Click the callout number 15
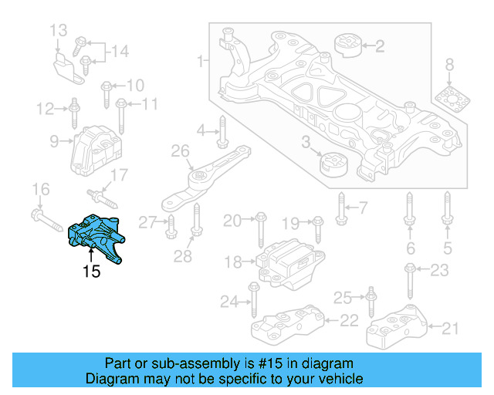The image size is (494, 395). (92, 272)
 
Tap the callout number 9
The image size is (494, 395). (55, 141)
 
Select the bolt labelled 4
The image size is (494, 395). (222, 130)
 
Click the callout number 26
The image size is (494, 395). (180, 152)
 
